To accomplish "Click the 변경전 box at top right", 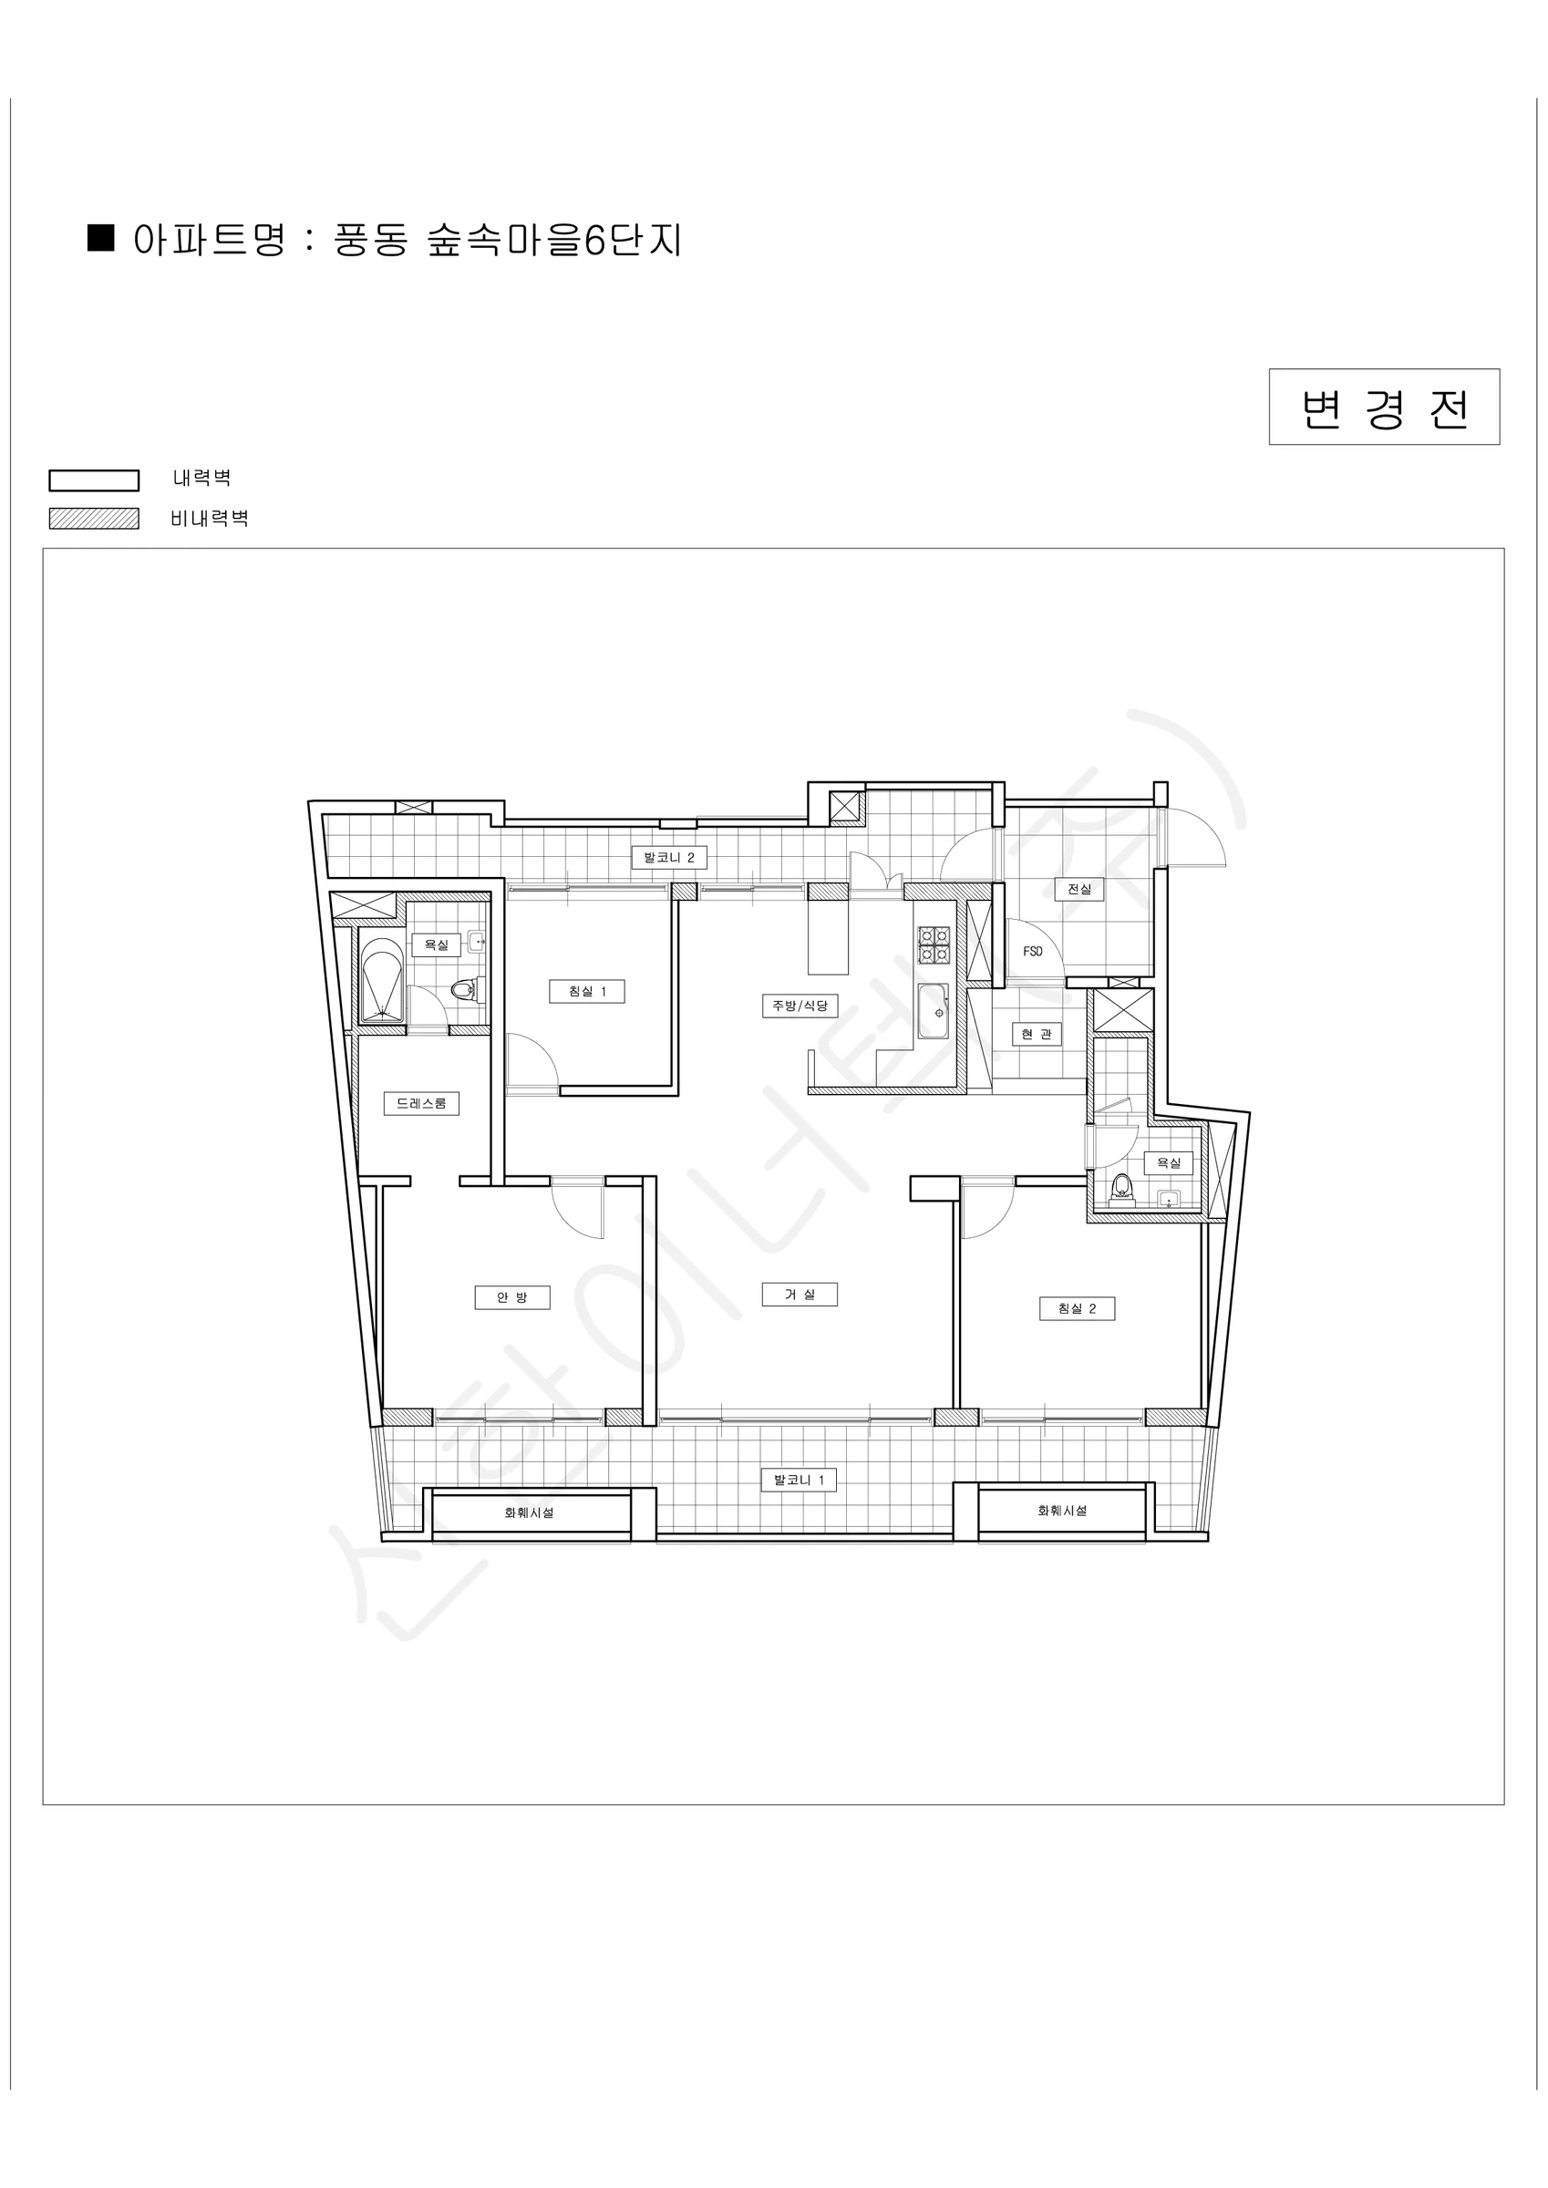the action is point(1384,407).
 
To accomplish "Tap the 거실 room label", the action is point(800,1295).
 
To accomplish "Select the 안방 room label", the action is point(511,1297).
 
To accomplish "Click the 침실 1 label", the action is point(587,991).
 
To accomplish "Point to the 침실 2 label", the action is point(1077,1308).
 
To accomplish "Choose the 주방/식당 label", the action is point(800,1006).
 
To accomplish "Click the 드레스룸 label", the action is point(421,1103).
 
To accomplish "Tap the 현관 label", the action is point(1037,1034).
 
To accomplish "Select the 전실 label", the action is point(1079,889).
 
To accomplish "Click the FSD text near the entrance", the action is point(1033,951).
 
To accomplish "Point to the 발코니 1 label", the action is point(799,1480).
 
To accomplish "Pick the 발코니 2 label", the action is point(669,858).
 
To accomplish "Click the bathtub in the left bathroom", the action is point(383,981).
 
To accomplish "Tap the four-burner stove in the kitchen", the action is point(934,944).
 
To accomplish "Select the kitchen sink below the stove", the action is point(934,1011).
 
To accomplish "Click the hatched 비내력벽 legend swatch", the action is point(95,519).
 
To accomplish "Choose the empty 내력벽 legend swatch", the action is point(95,480).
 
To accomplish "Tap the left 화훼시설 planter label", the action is point(529,1512).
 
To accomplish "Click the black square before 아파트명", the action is point(100,237).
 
